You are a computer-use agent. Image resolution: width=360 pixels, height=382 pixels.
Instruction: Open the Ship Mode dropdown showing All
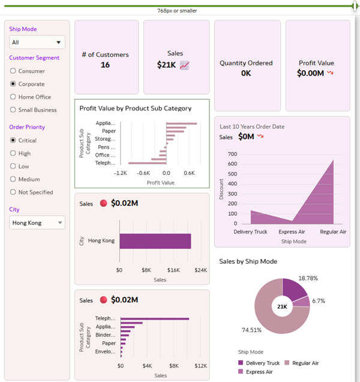point(37,42)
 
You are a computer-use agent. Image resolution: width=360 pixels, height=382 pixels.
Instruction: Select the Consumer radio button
point(13,71)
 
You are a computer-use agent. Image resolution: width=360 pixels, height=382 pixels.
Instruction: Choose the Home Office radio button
point(13,97)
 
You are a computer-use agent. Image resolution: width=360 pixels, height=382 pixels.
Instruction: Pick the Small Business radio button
point(13,110)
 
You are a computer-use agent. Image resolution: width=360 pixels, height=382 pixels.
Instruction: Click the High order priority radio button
point(13,153)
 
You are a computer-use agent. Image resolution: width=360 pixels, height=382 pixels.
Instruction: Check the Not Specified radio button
point(13,192)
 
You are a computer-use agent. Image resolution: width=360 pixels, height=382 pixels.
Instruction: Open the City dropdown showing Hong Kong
point(37,222)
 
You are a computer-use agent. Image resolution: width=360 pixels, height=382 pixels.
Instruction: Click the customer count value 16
point(105,65)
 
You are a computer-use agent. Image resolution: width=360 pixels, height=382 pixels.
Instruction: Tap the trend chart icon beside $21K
point(185,65)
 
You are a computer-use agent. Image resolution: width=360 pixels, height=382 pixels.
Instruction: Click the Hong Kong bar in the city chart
point(155,240)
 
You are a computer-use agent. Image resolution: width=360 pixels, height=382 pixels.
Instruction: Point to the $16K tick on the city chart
point(173,270)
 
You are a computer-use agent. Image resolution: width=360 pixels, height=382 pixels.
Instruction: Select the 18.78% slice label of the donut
point(308,278)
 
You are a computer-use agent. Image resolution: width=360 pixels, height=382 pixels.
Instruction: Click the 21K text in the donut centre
point(282,306)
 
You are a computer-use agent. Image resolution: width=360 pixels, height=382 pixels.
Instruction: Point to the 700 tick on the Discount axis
point(232,154)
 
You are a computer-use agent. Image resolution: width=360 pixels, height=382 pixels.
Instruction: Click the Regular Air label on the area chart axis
point(333,231)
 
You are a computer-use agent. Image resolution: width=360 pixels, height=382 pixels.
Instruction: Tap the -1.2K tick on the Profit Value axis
point(121,173)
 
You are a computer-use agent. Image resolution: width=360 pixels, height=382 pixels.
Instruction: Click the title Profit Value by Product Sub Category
point(136,109)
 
